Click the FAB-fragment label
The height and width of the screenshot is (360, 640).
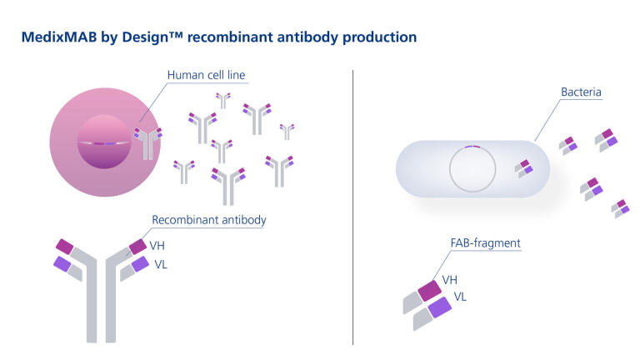pyautogui.click(x=484, y=243)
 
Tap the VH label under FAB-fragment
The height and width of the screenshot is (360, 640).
pyautogui.click(x=449, y=280)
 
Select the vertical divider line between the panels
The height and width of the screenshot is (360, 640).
pyautogui.click(x=353, y=208)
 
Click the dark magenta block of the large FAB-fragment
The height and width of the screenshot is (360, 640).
pyautogui.click(x=429, y=290)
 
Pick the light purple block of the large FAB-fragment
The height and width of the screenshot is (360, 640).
pyautogui.click(x=440, y=307)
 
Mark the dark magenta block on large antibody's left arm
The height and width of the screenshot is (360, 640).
pyautogui.click(x=64, y=246)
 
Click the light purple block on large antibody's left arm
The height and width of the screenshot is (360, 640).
pyautogui.click(x=62, y=263)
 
